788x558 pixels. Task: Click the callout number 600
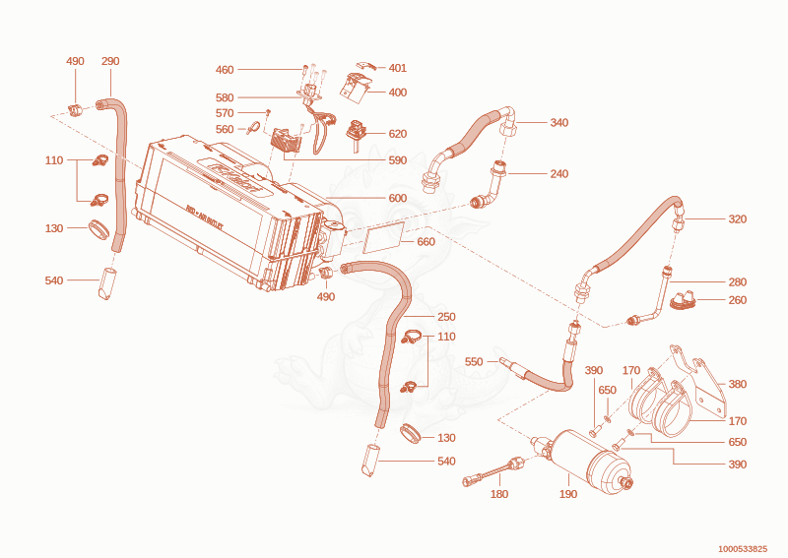(398, 198)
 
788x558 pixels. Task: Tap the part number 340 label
(558, 123)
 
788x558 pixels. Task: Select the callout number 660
(426, 241)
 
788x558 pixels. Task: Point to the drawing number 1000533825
(743, 548)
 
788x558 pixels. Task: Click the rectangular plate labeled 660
(383, 237)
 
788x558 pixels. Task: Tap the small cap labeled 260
(684, 300)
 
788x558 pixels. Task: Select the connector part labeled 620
(356, 134)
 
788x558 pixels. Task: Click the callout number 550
(474, 361)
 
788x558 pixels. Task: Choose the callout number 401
(398, 68)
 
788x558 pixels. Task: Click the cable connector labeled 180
(494, 470)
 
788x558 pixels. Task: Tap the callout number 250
(446, 317)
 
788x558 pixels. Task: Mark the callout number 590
(398, 160)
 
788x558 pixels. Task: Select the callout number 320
(737, 219)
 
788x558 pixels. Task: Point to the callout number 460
(225, 70)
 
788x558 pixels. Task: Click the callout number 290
(110, 61)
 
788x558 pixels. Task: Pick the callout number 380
(737, 384)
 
